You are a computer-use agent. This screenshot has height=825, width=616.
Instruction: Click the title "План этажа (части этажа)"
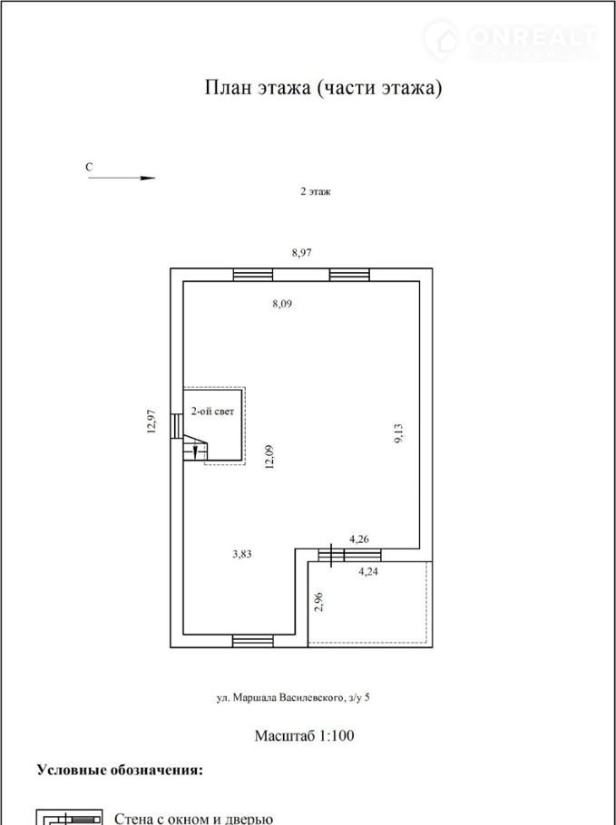tap(323, 88)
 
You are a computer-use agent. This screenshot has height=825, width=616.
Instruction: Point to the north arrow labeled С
tap(122, 178)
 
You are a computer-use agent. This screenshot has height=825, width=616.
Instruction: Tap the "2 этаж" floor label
tap(316, 191)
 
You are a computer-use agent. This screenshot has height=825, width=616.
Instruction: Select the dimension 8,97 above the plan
tap(302, 253)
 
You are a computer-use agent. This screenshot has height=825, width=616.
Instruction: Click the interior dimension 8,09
tap(282, 304)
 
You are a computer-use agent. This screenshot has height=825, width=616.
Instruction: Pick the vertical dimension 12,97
tap(152, 421)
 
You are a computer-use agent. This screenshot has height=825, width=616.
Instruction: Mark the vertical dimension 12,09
tap(269, 457)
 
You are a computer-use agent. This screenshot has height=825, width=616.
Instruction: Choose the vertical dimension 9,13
tap(398, 433)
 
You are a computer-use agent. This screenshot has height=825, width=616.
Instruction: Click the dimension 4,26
tap(359, 539)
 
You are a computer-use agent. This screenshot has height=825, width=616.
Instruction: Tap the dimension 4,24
tap(368, 572)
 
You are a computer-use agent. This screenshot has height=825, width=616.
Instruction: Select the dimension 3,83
tap(241, 554)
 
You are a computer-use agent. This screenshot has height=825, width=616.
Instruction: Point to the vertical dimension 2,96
tap(318, 602)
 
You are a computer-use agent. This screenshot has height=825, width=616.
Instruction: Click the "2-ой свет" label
tap(212, 412)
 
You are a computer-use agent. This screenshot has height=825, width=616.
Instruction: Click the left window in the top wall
tap(253, 275)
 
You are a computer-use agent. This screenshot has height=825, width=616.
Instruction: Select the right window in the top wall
tap(349, 275)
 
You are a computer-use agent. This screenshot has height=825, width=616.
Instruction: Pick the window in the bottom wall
tap(253, 641)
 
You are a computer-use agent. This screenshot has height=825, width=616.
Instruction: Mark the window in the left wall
tap(177, 426)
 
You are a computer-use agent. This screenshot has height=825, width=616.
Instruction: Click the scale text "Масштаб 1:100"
tap(304, 735)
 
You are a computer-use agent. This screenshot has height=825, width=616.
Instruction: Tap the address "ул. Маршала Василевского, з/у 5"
tap(293, 698)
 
